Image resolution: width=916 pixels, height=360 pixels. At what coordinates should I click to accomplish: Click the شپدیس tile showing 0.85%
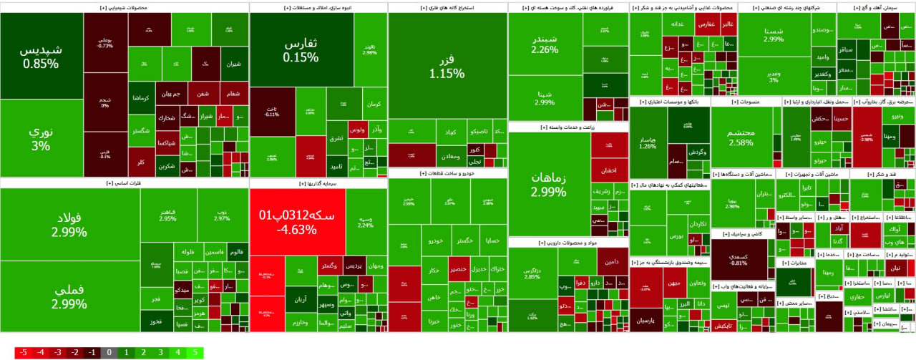(x=41, y=57)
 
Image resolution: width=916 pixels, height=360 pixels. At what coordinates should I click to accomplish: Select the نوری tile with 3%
(x=41, y=138)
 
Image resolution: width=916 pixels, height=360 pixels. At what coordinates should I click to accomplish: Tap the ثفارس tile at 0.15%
(x=301, y=49)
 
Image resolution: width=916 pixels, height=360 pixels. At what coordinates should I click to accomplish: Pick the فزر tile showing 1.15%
(x=447, y=65)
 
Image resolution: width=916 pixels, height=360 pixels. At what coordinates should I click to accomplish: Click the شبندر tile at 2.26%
(x=545, y=44)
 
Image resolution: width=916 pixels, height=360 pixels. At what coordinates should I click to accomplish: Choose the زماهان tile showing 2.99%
(x=549, y=185)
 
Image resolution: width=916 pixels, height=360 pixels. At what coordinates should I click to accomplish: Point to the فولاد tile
(x=69, y=224)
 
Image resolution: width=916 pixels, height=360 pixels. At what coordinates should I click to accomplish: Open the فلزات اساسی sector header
(x=125, y=183)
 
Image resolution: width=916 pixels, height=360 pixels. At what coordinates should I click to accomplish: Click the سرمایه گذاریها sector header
(x=318, y=183)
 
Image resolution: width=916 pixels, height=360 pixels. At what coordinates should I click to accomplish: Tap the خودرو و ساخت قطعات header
(x=447, y=172)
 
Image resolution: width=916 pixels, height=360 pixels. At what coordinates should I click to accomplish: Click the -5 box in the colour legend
(x=24, y=352)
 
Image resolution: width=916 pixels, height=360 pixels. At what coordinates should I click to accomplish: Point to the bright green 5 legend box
(x=195, y=352)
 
